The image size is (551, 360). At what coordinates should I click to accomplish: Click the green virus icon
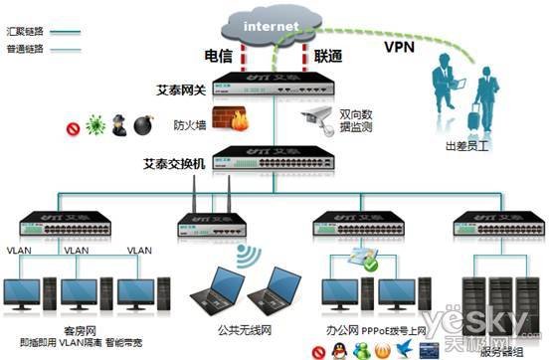click(x=95, y=127)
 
